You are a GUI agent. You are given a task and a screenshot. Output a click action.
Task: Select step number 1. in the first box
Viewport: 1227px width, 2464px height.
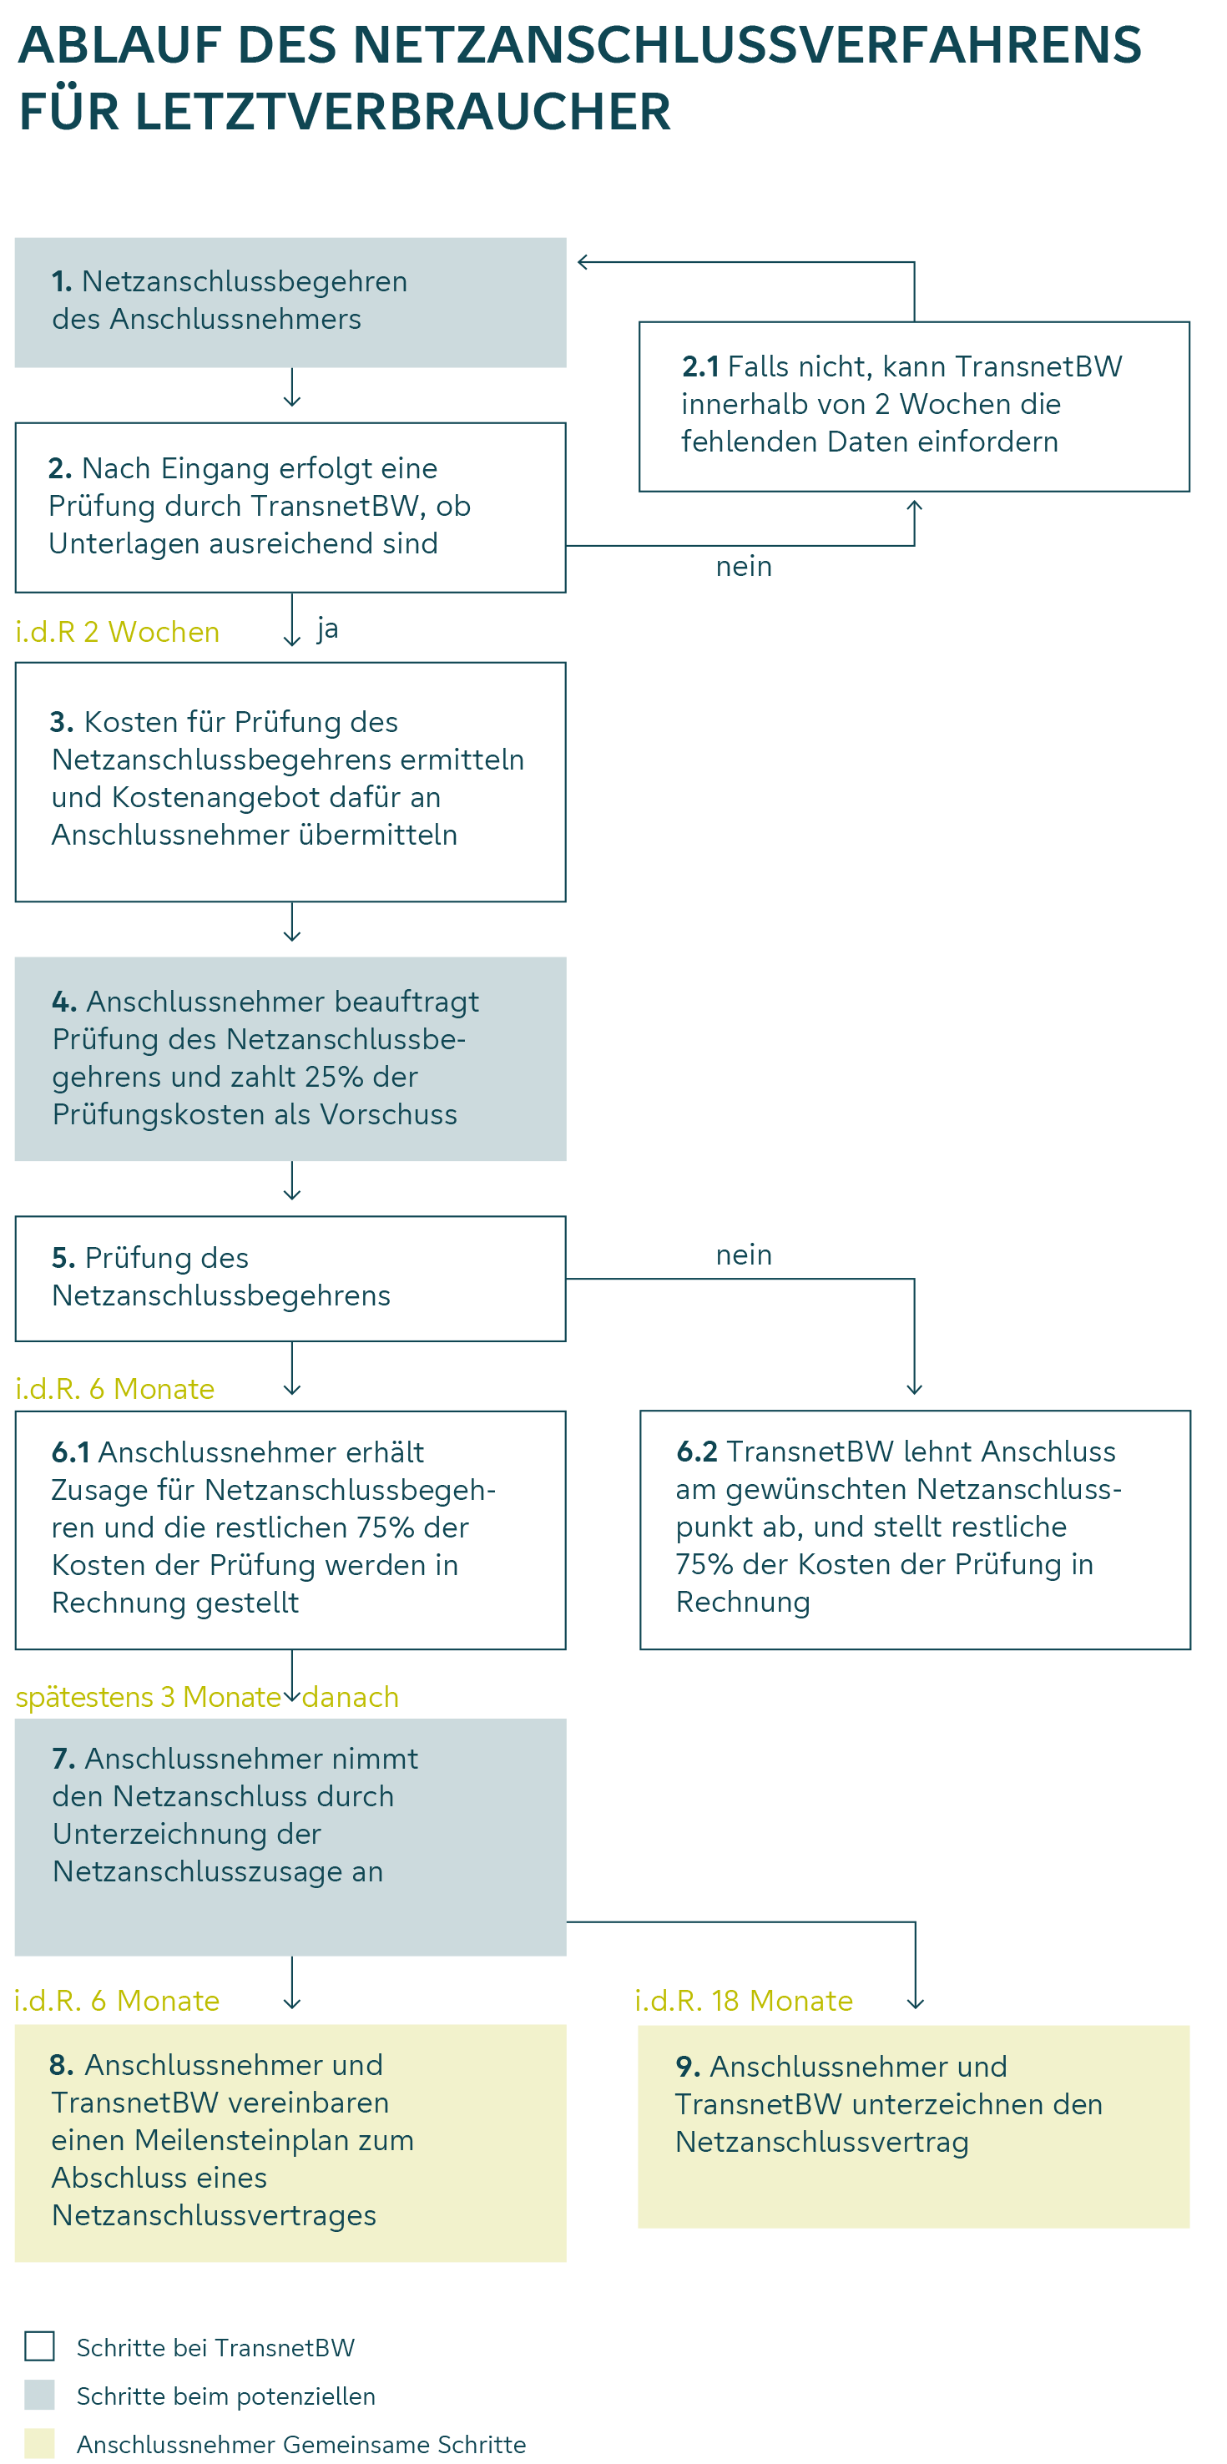coord(61,281)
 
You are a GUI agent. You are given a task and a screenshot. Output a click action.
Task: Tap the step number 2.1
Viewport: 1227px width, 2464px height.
coord(700,366)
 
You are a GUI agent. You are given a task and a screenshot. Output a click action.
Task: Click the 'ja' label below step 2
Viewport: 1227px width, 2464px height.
coord(328,629)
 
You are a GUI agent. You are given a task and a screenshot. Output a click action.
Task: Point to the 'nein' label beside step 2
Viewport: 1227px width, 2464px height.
coord(743,566)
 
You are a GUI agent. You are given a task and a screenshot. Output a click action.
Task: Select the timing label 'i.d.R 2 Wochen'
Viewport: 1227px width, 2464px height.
coord(118,631)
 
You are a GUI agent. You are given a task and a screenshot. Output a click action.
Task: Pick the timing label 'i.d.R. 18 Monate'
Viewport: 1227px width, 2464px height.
coord(743,2000)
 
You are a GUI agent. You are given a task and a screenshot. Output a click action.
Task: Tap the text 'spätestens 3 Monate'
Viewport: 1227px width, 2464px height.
coord(149,1696)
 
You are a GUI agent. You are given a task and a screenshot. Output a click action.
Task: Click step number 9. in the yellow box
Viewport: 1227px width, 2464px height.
coord(688,2066)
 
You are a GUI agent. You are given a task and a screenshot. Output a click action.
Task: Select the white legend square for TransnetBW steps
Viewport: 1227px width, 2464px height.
coord(39,2346)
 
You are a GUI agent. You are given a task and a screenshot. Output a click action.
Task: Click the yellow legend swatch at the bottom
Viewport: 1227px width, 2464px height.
coord(39,2443)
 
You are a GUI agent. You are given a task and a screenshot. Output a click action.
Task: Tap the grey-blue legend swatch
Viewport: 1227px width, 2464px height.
coord(39,2395)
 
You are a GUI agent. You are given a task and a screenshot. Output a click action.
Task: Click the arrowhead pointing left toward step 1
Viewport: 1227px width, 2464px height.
coord(583,262)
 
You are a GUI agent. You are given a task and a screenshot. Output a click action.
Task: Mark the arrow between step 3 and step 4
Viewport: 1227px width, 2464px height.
coord(291,923)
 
